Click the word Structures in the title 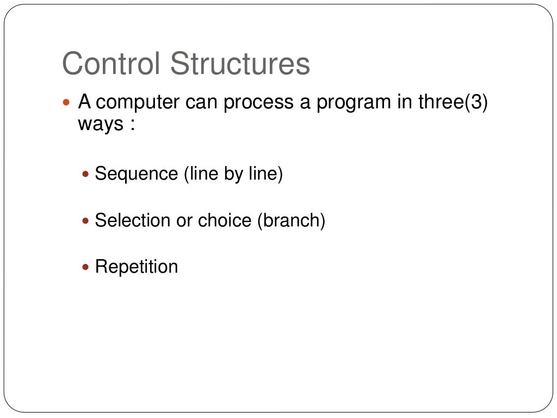click(240, 64)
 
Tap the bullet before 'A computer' click(67, 102)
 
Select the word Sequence click(136, 175)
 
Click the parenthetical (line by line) click(233, 174)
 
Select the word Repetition click(136, 267)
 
